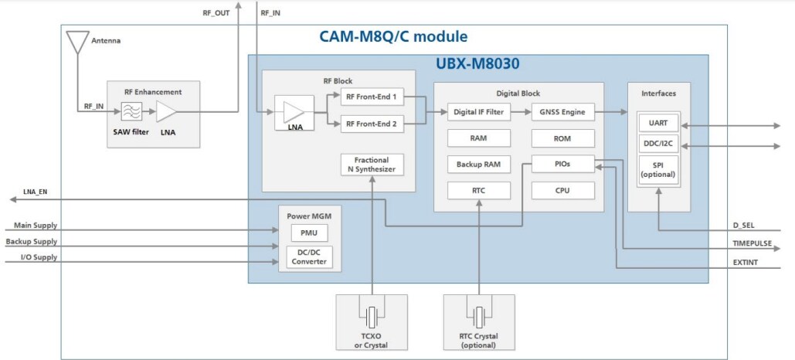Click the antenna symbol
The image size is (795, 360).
tap(76, 42)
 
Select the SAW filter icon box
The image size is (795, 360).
tap(131, 112)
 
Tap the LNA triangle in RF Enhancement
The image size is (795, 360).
tap(166, 112)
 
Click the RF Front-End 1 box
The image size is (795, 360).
tap(372, 98)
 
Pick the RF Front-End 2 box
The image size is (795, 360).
tap(372, 123)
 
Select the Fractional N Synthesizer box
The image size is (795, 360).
tap(372, 165)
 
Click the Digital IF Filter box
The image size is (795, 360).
tap(478, 112)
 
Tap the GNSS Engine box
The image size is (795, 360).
tap(562, 112)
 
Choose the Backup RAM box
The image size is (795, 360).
tap(478, 165)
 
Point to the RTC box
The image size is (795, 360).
tap(478, 190)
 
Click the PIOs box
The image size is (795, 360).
tap(562, 165)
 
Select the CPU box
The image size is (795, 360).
tap(562, 190)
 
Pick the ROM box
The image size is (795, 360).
tap(562, 138)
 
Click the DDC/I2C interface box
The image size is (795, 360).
tap(658, 144)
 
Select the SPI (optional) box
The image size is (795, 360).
tap(658, 169)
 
